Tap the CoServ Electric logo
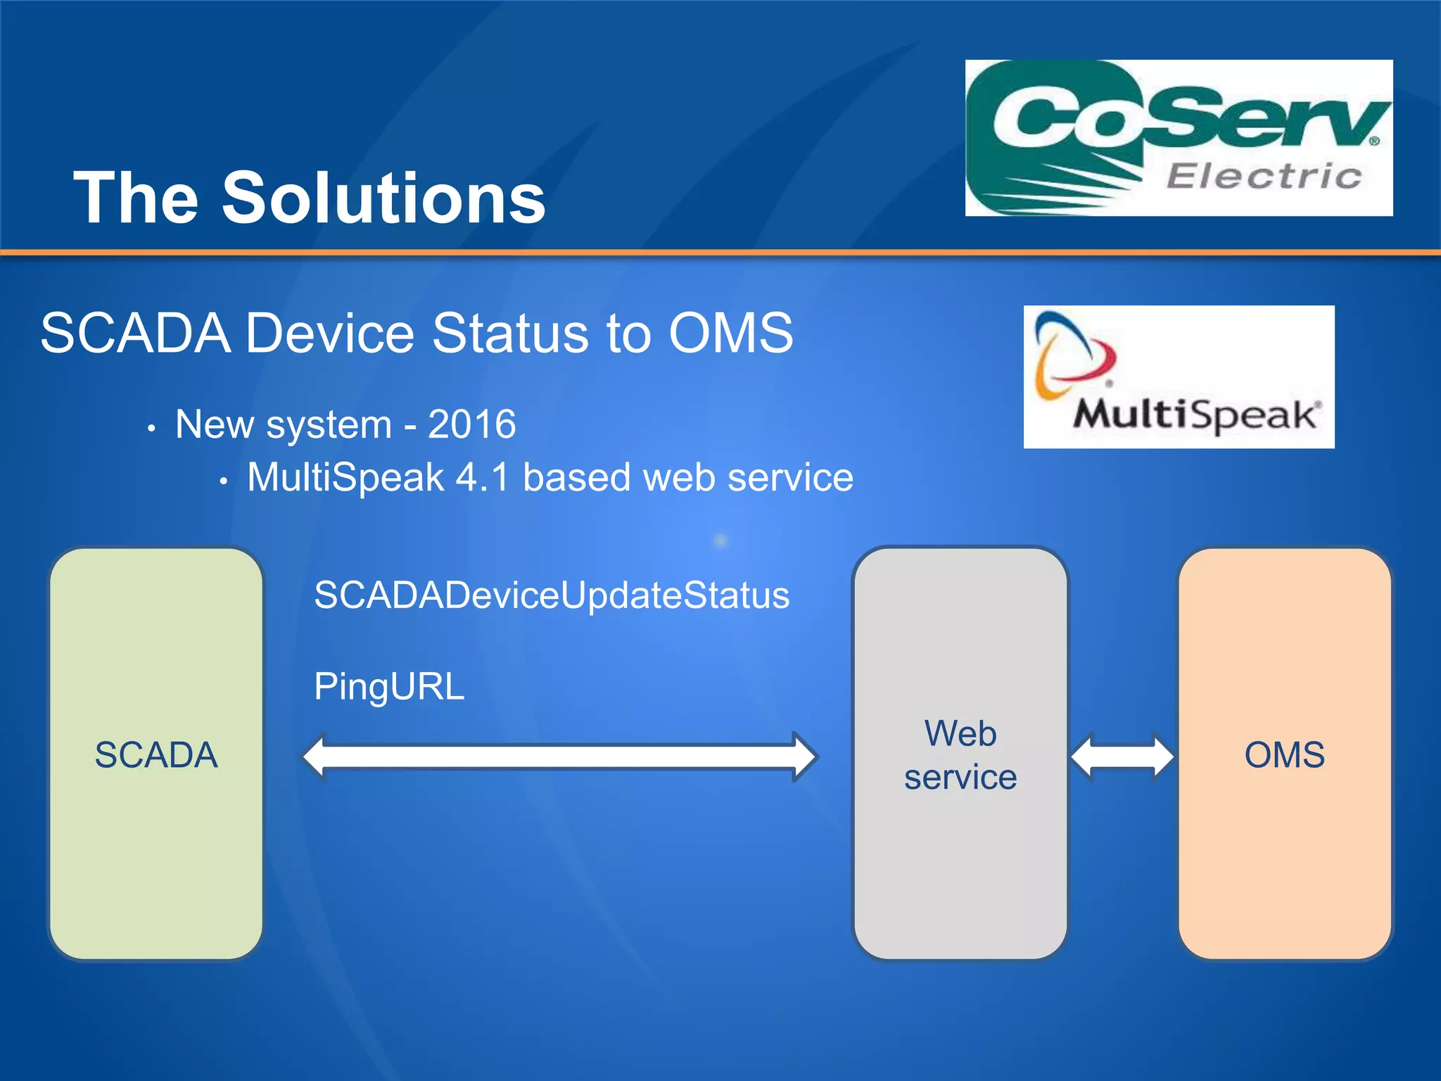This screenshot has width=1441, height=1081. pyautogui.click(x=1179, y=138)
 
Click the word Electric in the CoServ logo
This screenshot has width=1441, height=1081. pyautogui.click(x=1264, y=176)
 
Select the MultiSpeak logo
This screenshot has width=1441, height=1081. pyautogui.click(x=1179, y=377)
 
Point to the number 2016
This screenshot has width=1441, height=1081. pyautogui.click(x=471, y=424)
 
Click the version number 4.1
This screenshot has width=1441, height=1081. pyautogui.click(x=482, y=478)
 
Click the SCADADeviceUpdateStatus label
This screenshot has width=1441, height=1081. pyautogui.click(x=552, y=595)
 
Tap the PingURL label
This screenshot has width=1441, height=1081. pyautogui.click(x=389, y=687)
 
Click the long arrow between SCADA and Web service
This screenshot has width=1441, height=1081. pyautogui.click(x=559, y=757)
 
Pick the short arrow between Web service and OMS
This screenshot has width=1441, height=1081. pyautogui.click(x=1122, y=757)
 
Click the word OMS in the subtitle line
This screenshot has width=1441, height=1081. pyautogui.click(x=730, y=333)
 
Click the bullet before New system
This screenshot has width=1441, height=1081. pyautogui.click(x=151, y=429)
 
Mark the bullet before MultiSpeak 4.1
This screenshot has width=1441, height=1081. pyautogui.click(x=222, y=482)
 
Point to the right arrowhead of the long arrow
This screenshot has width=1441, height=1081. pyautogui.click(x=804, y=757)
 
